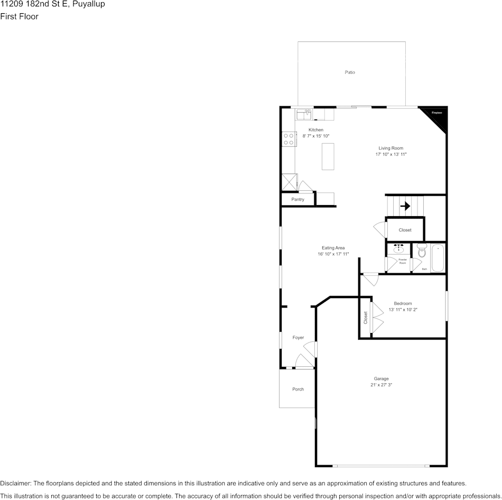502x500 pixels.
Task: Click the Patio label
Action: tap(350, 72)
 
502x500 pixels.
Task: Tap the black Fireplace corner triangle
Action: tap(438, 116)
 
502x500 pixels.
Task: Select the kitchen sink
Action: tap(303, 114)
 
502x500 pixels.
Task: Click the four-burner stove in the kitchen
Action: tap(289, 139)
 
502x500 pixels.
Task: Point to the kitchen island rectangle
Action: tap(328, 156)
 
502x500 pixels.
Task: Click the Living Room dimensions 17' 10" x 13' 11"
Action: tap(391, 154)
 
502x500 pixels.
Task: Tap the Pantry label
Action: tap(298, 199)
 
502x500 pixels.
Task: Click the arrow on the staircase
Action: tap(405, 206)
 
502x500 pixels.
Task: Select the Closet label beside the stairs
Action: tap(405, 230)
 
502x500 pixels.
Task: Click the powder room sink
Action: tap(398, 248)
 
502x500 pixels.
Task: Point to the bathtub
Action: tap(438, 258)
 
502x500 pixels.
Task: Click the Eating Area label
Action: tap(333, 248)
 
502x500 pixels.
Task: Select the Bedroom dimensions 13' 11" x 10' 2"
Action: tap(403, 310)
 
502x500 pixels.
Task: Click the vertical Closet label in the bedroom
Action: tap(365, 317)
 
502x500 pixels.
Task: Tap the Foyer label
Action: tap(298, 337)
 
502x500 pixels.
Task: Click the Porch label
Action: tap(298, 389)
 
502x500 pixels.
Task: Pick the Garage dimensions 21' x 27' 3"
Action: tap(381, 385)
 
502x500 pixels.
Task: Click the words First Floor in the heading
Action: tap(19, 16)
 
